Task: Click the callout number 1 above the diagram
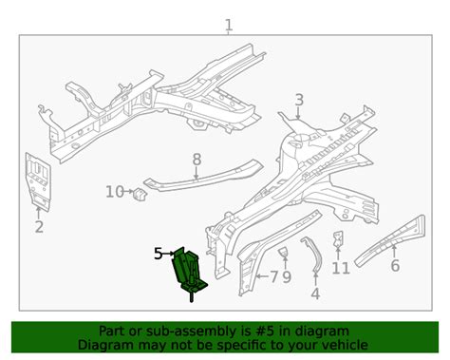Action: [229, 26]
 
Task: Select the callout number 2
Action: [39, 227]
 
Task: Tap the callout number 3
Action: [299, 100]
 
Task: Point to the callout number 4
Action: [315, 294]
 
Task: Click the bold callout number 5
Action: [159, 254]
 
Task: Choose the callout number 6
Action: [395, 265]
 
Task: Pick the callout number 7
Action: [274, 277]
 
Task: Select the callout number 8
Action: [197, 160]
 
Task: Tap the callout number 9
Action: [287, 277]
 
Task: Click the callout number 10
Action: [115, 192]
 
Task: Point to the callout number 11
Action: [341, 269]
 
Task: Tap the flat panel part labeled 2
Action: [38, 181]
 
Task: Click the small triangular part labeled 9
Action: [284, 253]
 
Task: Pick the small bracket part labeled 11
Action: [338, 238]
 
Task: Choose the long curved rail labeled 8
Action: [202, 177]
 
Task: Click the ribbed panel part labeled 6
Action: [391, 239]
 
